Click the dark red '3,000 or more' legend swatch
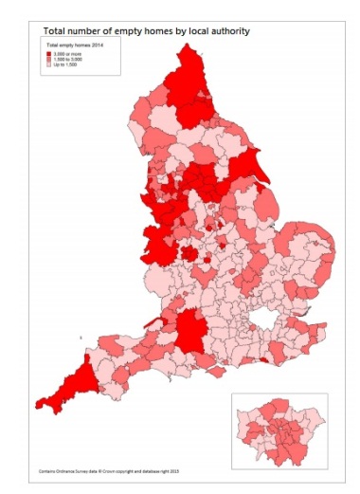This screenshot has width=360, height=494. (49, 55)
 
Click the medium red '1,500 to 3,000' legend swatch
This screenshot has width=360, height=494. (49, 60)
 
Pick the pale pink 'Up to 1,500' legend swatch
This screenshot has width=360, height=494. (49, 65)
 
